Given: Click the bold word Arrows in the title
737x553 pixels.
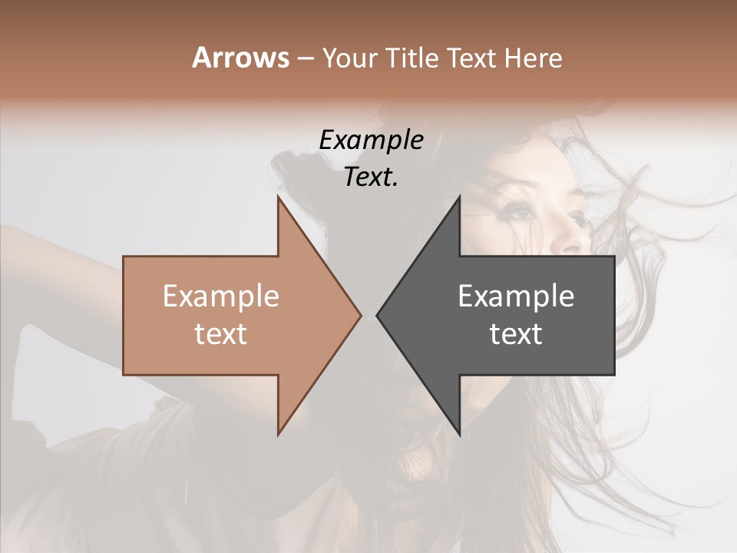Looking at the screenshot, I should point(241,58).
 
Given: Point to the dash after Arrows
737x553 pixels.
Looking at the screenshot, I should point(305,59).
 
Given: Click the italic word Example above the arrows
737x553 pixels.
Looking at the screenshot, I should point(371,141).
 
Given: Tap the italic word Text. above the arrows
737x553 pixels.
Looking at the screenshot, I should point(371,177).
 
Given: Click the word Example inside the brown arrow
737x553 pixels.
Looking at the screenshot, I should point(221,296).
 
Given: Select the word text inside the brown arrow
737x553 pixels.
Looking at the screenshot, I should point(221,334).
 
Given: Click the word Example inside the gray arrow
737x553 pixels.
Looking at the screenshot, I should point(516,296).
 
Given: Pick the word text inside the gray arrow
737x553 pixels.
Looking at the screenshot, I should point(516,334).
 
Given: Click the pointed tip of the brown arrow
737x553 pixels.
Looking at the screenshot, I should point(361,315).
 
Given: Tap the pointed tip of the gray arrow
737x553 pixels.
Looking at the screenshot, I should point(377,315).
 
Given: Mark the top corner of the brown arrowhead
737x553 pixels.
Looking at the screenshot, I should point(278,197).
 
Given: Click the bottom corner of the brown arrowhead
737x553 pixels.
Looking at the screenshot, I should point(278,435).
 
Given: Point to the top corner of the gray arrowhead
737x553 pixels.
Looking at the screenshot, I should point(459,197).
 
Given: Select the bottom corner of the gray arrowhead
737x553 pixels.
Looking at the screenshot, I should point(459,435).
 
